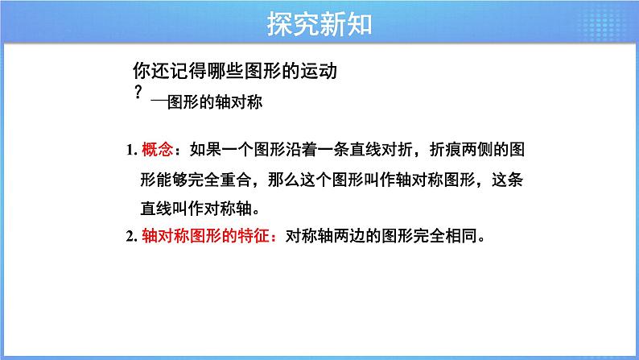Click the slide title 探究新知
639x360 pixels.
tap(319, 24)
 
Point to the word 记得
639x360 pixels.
tap(183, 72)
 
